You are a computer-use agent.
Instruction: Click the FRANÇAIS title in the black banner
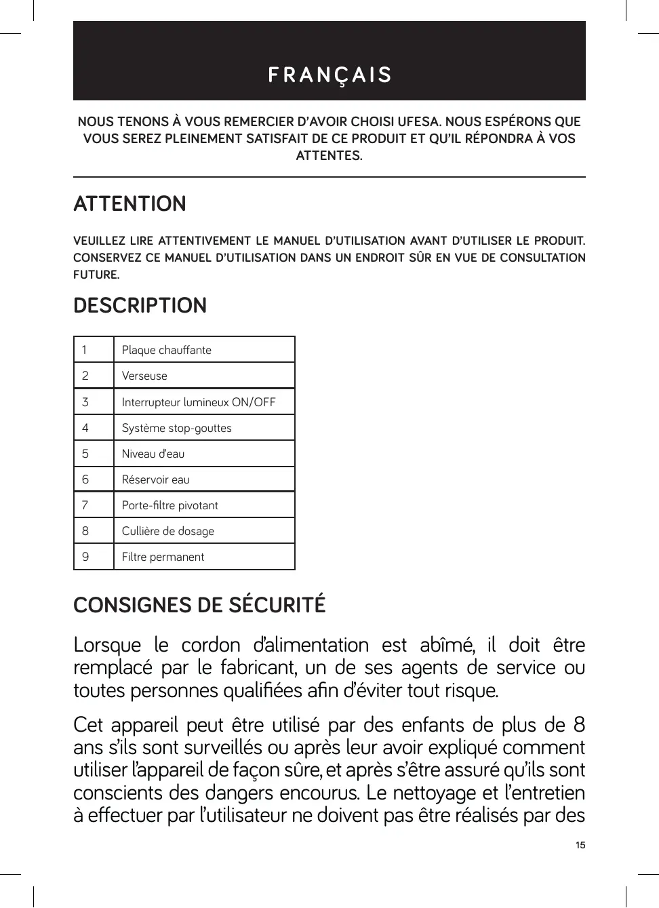329,75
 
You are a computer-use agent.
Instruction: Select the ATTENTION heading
129,204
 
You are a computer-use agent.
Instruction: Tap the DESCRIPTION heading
140,306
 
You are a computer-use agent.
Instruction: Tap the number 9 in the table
85,557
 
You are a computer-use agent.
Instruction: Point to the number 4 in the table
85,428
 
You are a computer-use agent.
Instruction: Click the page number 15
580,845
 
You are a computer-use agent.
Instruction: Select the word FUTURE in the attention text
96,275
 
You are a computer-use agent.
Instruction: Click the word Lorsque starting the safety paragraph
107,645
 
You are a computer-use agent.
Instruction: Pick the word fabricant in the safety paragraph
258,668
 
